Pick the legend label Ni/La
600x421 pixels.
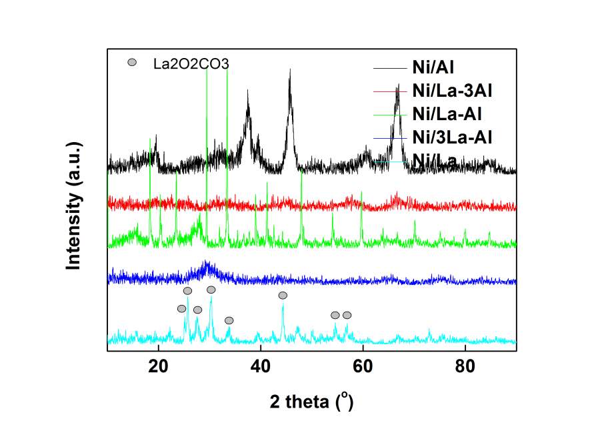[x=435, y=159]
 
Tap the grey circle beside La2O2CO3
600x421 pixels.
[x=132, y=63]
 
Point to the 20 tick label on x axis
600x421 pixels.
[x=158, y=366]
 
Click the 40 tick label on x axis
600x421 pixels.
[x=260, y=366]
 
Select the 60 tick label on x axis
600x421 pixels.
[x=362, y=366]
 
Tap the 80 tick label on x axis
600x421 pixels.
[x=465, y=366]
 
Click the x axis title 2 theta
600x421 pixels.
[x=311, y=402]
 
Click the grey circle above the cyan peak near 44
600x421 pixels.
[x=283, y=295]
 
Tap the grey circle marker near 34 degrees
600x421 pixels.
[x=229, y=320]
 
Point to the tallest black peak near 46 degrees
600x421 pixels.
[x=290, y=69]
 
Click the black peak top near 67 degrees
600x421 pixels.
[x=398, y=85]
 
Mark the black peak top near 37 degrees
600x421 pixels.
[x=248, y=91]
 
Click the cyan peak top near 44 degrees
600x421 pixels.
[x=283, y=305]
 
